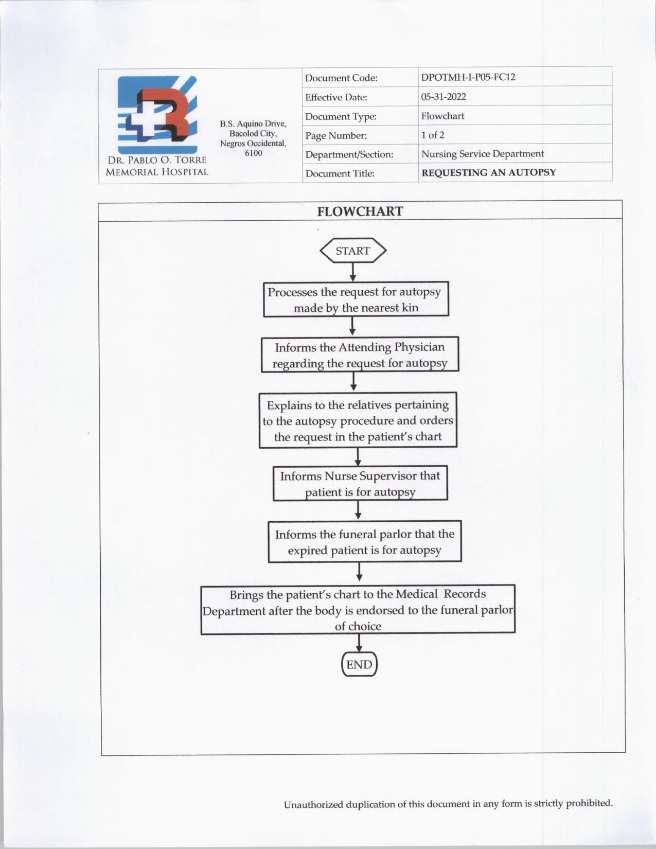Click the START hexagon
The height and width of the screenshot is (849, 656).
(353, 251)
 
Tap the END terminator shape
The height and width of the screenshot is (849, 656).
(359, 664)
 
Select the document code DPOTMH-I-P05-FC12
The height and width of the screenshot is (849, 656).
(468, 77)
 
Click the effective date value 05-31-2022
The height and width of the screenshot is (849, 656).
(444, 97)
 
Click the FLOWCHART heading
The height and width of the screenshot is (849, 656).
(360, 211)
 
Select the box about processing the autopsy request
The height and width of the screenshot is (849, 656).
(356, 299)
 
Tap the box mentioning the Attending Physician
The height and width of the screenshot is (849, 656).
(359, 355)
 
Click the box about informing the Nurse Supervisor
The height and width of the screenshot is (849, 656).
(360, 484)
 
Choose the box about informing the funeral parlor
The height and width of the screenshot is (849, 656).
(364, 542)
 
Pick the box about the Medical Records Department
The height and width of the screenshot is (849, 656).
(358, 610)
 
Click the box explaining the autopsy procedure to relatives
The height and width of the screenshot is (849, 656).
(358, 421)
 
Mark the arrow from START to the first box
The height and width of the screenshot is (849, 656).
(353, 272)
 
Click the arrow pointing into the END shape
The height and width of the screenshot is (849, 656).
(359, 643)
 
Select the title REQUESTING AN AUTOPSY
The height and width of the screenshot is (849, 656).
(488, 172)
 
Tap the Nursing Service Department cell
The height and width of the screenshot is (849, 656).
(482, 154)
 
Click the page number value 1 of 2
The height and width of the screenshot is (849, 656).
(433, 135)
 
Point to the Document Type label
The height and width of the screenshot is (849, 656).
(341, 116)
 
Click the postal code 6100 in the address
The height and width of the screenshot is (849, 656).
(253, 153)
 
